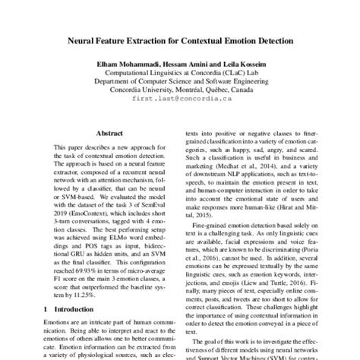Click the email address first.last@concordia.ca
pos(180,99)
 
